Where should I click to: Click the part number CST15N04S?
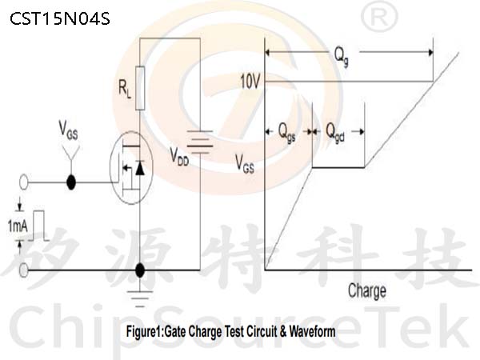[60, 18]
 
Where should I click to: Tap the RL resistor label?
[125, 90]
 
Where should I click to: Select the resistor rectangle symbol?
[140, 88]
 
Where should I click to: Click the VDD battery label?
[179, 157]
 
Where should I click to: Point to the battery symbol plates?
[200, 142]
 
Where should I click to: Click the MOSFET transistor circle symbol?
[132, 167]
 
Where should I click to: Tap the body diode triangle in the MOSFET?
[140, 167]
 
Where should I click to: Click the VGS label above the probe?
[68, 130]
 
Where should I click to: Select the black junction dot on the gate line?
[71, 182]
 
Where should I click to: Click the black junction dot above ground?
[140, 270]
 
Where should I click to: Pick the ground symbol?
[140, 298]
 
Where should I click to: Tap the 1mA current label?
[18, 226]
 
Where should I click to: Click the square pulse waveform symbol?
[39, 226]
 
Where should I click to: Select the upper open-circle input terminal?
[23, 182]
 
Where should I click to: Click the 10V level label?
[250, 82]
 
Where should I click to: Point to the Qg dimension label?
[341, 57]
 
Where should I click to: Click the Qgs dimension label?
[287, 133]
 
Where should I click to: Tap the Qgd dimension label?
[335, 133]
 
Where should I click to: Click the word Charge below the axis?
[367, 291]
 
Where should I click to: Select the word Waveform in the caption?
[312, 331]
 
